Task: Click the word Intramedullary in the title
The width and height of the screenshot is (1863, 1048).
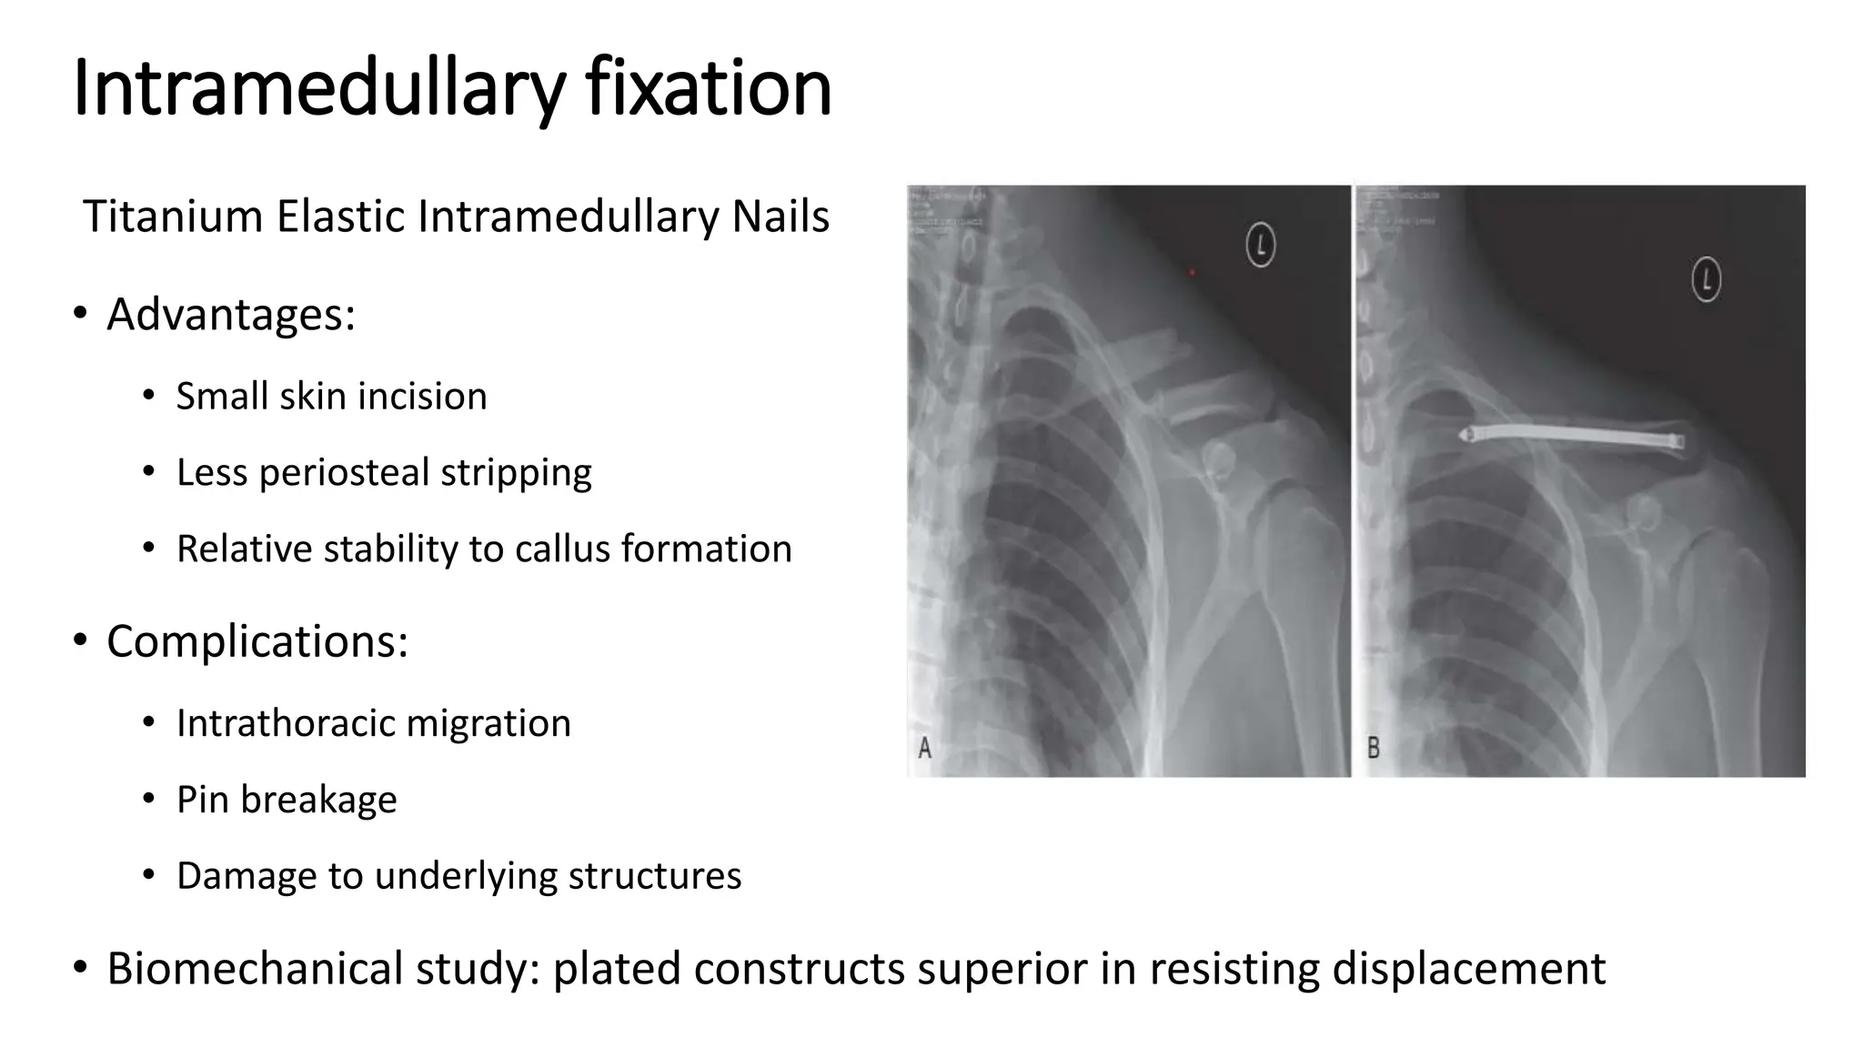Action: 318,88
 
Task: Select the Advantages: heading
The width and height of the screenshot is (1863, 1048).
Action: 230,315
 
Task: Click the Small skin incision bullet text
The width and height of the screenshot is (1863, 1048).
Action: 331,397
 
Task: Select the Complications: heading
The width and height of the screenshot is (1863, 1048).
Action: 257,641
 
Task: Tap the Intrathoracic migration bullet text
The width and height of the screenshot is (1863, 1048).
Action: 373,724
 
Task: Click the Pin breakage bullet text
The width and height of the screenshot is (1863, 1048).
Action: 287,800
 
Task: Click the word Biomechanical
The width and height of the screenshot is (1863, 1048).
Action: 254,968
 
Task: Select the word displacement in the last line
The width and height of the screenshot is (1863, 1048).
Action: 1468,968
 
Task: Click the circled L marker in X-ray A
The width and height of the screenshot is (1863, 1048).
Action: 1260,245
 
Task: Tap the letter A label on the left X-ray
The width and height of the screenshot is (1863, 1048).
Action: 924,748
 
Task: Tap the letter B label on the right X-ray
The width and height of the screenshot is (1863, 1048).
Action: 1373,748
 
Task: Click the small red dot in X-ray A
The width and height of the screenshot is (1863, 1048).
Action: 1193,271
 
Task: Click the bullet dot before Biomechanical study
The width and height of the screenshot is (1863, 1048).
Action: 80,968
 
